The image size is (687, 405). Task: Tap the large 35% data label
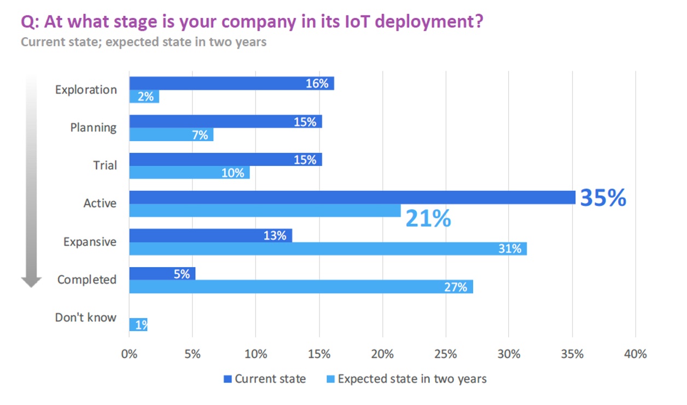click(603, 198)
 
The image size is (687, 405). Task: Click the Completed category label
click(86, 280)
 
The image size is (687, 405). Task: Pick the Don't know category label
click(85, 317)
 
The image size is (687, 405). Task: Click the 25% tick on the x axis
click(445, 354)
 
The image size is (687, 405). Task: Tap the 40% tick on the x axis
click(635, 354)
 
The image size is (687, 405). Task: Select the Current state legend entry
click(265, 379)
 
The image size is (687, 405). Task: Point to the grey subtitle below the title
click(143, 42)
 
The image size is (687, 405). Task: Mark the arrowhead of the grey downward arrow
click(31, 281)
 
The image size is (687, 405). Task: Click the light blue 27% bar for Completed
click(301, 287)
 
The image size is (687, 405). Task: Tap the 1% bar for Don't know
click(138, 325)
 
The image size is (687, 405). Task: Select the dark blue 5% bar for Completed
click(162, 274)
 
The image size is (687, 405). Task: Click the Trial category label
click(105, 165)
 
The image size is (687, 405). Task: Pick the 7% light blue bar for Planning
click(171, 135)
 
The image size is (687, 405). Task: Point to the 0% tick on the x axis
click(129, 354)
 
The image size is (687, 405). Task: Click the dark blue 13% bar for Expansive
click(210, 235)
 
